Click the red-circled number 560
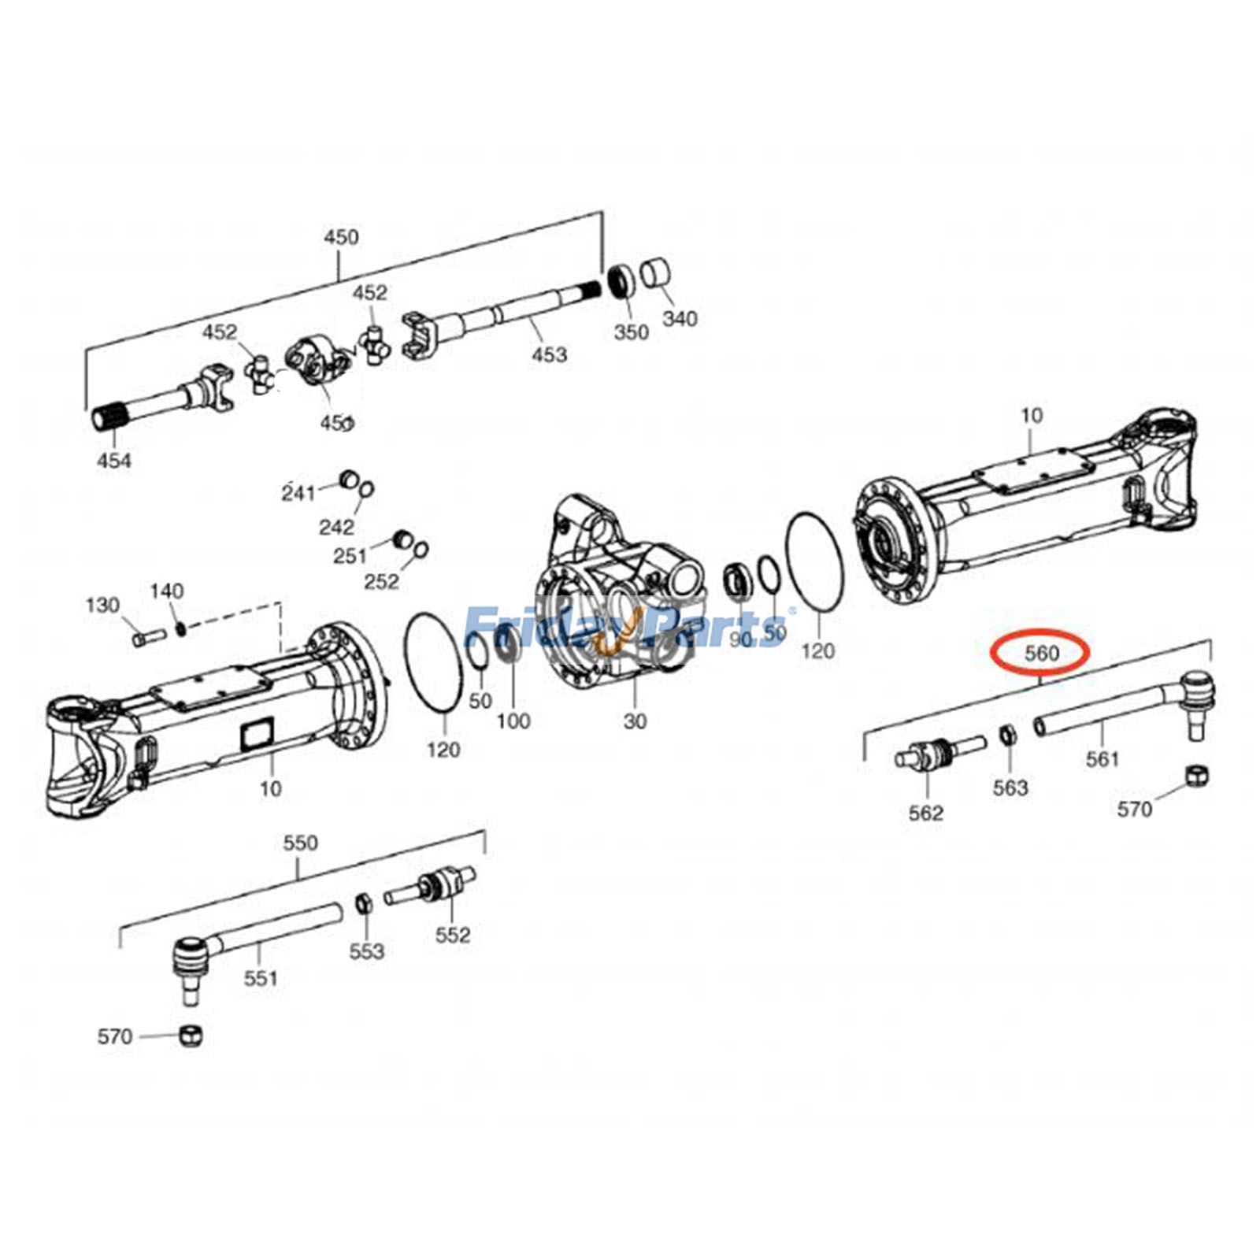(x=1041, y=652)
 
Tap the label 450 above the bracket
(x=341, y=237)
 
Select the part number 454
(x=114, y=460)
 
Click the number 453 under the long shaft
(x=549, y=354)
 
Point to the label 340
(x=680, y=318)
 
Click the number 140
(x=167, y=591)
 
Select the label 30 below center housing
(x=635, y=721)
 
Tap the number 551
(x=261, y=978)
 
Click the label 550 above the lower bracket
(x=300, y=843)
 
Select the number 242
(x=336, y=526)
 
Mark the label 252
(x=381, y=581)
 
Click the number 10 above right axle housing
(x=1032, y=415)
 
